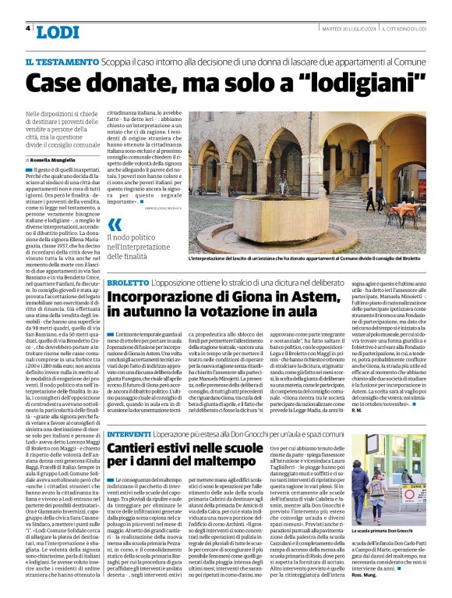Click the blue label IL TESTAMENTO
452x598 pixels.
[x=55, y=61]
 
